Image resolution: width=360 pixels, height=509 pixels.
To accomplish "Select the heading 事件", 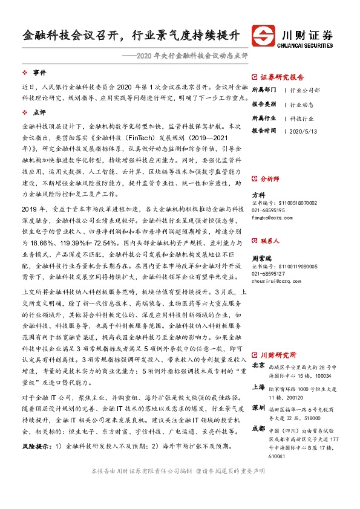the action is tap(39, 73).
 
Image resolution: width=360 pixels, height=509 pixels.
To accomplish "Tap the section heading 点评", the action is tap(39, 112).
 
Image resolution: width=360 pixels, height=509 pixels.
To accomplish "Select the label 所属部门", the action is tap(264, 90).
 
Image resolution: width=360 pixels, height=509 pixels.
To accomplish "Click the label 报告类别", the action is tap(264, 103).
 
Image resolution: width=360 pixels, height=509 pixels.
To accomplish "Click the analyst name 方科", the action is tap(258, 195).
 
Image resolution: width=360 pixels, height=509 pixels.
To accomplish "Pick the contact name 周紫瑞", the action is tap(261, 257).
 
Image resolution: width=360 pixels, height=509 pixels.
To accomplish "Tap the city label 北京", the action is tap(258, 366).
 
